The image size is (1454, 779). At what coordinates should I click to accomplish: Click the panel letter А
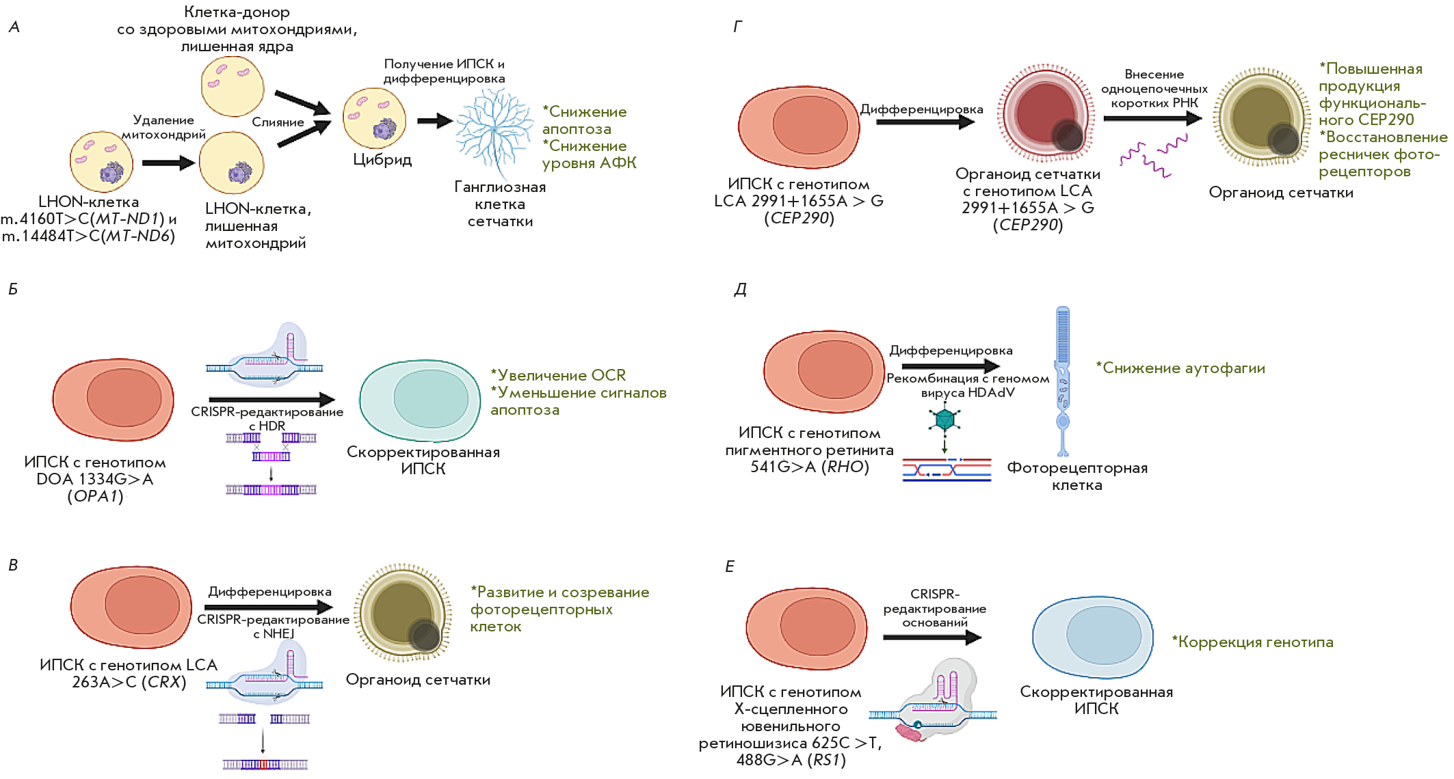(x=14, y=27)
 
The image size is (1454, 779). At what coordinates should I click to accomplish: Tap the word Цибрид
(x=382, y=160)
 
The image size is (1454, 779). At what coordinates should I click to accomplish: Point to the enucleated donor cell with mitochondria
(x=233, y=86)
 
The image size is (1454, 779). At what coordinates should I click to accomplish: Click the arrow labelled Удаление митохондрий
(x=168, y=163)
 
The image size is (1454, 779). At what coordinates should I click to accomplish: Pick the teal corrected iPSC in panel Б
(x=420, y=400)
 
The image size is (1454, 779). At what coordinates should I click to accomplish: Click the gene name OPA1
(x=96, y=497)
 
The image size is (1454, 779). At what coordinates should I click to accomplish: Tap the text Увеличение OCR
(x=561, y=375)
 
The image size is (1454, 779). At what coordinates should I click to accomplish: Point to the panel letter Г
(x=737, y=27)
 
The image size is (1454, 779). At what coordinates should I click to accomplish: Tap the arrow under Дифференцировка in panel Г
(x=925, y=122)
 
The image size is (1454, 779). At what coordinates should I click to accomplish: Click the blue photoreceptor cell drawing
(x=1062, y=380)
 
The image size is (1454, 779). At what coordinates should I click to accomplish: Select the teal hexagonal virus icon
(x=944, y=419)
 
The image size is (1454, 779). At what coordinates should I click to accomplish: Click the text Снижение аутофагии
(x=1183, y=368)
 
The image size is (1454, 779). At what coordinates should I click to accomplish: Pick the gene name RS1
(x=826, y=760)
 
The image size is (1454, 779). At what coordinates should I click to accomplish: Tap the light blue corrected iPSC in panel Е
(x=1093, y=637)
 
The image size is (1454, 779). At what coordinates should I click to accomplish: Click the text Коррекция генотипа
(x=1255, y=642)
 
